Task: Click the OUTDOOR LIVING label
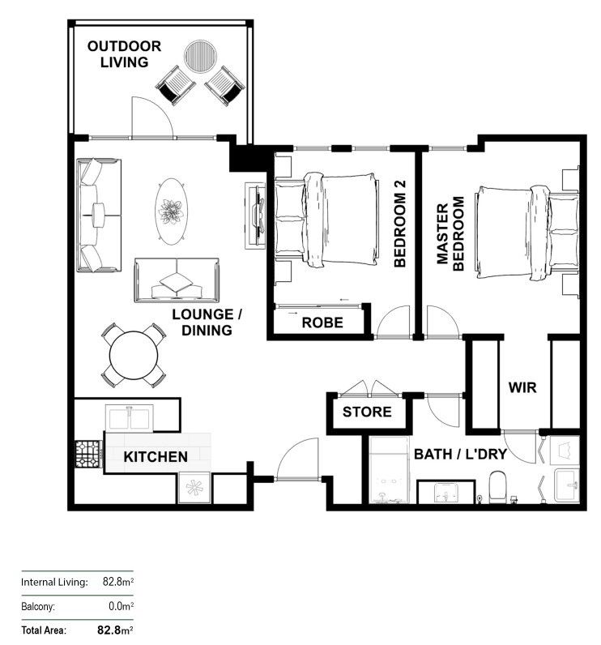click(x=124, y=53)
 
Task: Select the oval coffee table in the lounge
click(x=172, y=211)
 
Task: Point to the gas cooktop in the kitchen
click(x=88, y=455)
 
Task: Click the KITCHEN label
click(x=156, y=457)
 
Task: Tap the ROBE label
click(x=322, y=322)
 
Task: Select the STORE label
click(x=366, y=412)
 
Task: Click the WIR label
click(x=522, y=388)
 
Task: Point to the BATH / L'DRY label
click(x=460, y=454)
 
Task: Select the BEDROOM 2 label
click(x=399, y=224)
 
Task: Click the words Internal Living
click(x=53, y=582)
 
